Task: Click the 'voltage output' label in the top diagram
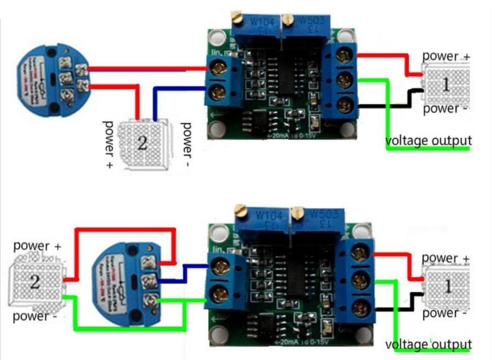(428, 140)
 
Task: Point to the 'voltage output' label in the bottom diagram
(428, 345)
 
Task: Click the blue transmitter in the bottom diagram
(126, 279)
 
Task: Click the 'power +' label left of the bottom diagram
(37, 246)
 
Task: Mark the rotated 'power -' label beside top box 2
(187, 145)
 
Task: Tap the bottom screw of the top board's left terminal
(217, 91)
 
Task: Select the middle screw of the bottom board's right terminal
(359, 281)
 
